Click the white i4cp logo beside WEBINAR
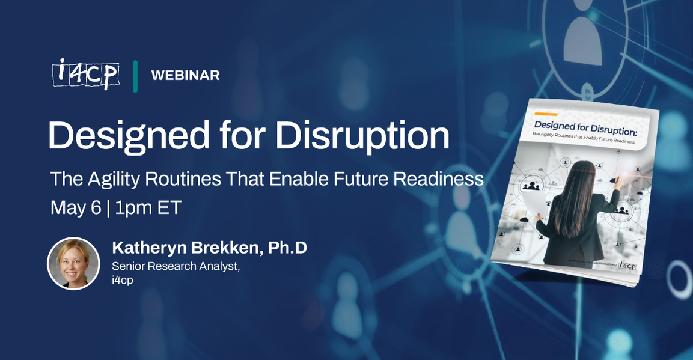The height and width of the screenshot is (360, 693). pyautogui.click(x=85, y=75)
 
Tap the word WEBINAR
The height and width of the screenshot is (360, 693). pyautogui.click(x=185, y=75)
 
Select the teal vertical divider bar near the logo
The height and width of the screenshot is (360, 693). pyautogui.click(x=135, y=76)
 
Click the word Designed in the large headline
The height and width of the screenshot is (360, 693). pyautogui.click(x=127, y=135)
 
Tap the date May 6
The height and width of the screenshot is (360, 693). pyautogui.click(x=75, y=207)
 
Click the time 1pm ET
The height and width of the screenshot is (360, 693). pyautogui.click(x=148, y=207)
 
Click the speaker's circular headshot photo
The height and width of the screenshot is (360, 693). pyautogui.click(x=73, y=263)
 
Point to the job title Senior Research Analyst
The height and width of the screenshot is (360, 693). pyautogui.click(x=176, y=266)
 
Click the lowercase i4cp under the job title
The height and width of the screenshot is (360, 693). pyautogui.click(x=123, y=280)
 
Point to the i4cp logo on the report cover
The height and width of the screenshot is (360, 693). pyautogui.click(x=626, y=266)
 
